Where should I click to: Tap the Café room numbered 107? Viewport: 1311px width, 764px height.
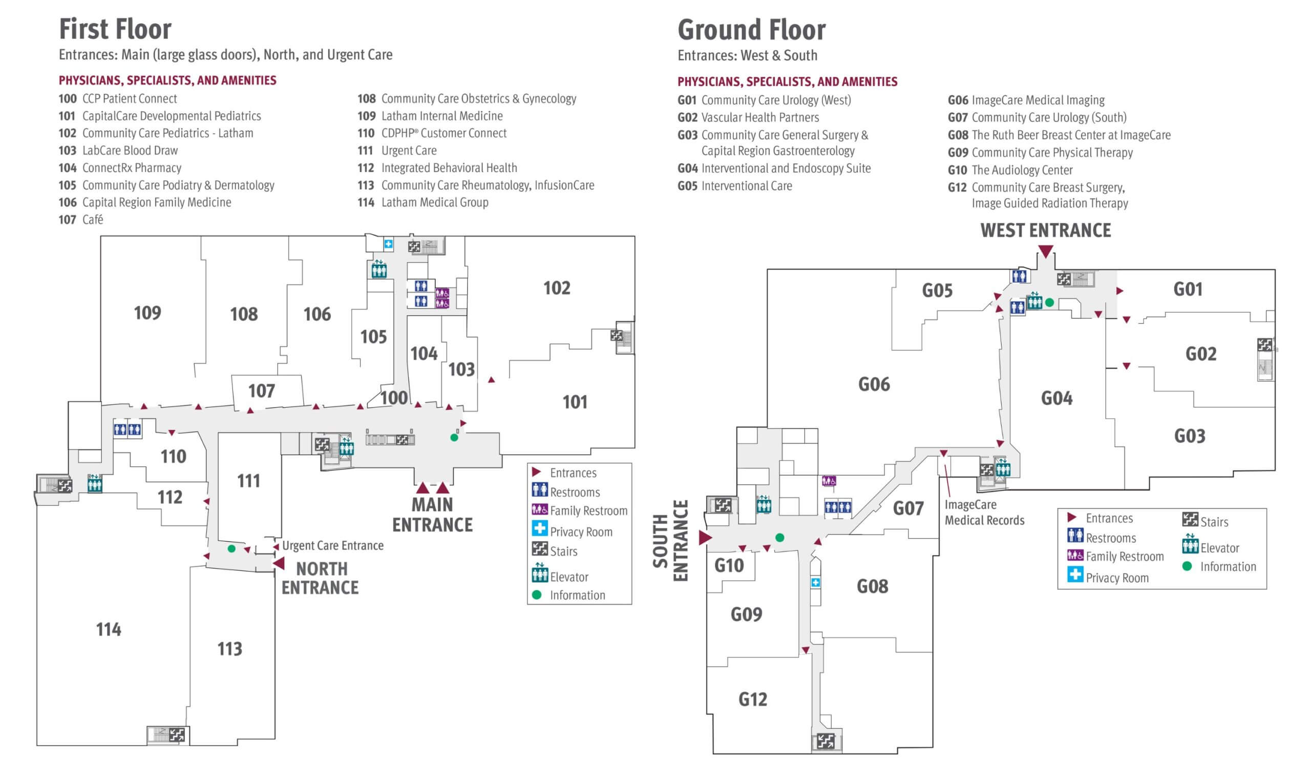pos(261,391)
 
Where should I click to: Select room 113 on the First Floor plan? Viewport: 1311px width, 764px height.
pos(229,649)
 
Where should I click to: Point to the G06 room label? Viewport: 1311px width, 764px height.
pos(874,385)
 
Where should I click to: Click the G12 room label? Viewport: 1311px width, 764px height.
pos(753,699)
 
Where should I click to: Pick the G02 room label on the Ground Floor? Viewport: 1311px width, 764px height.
pos(1201,355)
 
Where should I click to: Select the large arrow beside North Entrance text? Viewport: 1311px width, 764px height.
pos(280,563)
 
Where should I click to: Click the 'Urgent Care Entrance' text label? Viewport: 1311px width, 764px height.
pos(332,545)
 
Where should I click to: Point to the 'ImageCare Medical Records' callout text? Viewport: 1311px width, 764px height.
pos(984,512)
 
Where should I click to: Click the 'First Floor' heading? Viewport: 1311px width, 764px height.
pos(115,29)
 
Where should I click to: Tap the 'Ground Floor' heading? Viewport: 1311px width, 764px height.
pos(751,30)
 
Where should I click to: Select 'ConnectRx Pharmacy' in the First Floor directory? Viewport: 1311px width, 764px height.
pos(132,168)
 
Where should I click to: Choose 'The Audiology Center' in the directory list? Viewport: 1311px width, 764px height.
pos(1022,170)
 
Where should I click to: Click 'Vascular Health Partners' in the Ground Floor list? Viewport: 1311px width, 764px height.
pos(759,118)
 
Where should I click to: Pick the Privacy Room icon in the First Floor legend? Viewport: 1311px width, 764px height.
pos(539,528)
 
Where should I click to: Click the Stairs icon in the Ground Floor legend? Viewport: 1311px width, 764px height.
pos(1190,519)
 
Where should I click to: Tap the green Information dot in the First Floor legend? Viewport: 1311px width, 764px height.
pos(537,595)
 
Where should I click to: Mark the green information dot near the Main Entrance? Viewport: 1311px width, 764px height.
pos(454,437)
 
